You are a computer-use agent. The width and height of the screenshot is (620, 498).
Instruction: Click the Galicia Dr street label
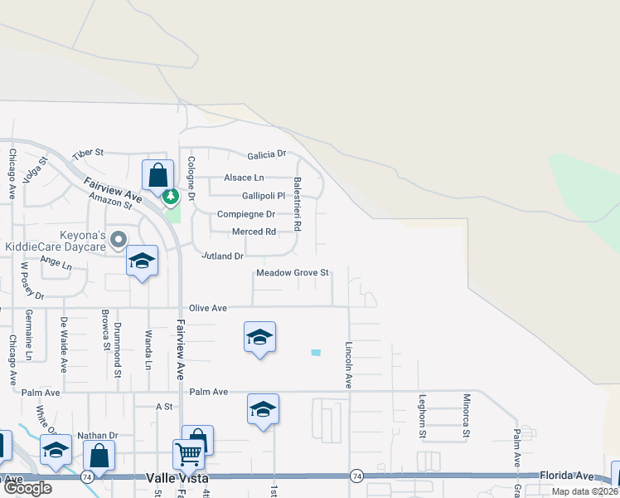pos(265,154)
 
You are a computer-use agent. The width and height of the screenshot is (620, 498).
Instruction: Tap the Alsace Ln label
pos(244,178)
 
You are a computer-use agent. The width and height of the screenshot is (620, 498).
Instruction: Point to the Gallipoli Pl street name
pos(252,196)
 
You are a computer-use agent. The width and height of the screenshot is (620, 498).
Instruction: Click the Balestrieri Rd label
pos(297,203)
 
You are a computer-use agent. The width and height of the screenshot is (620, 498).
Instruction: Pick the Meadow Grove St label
pos(293,272)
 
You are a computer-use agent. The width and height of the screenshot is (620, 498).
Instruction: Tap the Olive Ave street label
pos(208,308)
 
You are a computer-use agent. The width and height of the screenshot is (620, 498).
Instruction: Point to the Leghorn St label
pos(422,416)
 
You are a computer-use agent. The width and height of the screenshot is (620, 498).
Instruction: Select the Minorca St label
pos(467,416)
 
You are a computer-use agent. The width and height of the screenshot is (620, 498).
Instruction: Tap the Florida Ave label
pos(567,476)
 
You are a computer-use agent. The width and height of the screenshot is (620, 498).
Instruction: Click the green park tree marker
pos(170,198)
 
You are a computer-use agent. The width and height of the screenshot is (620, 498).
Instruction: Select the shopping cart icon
pos(188,455)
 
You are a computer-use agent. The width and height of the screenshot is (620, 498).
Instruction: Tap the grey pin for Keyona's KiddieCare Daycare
pos(119,240)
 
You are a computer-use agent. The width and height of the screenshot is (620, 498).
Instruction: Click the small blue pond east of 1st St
pos(316,353)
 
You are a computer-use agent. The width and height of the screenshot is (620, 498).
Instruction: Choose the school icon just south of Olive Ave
pos(260,337)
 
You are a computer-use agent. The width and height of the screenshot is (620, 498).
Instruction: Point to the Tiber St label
pos(87,153)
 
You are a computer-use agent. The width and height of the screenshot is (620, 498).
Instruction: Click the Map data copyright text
pos(585,491)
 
